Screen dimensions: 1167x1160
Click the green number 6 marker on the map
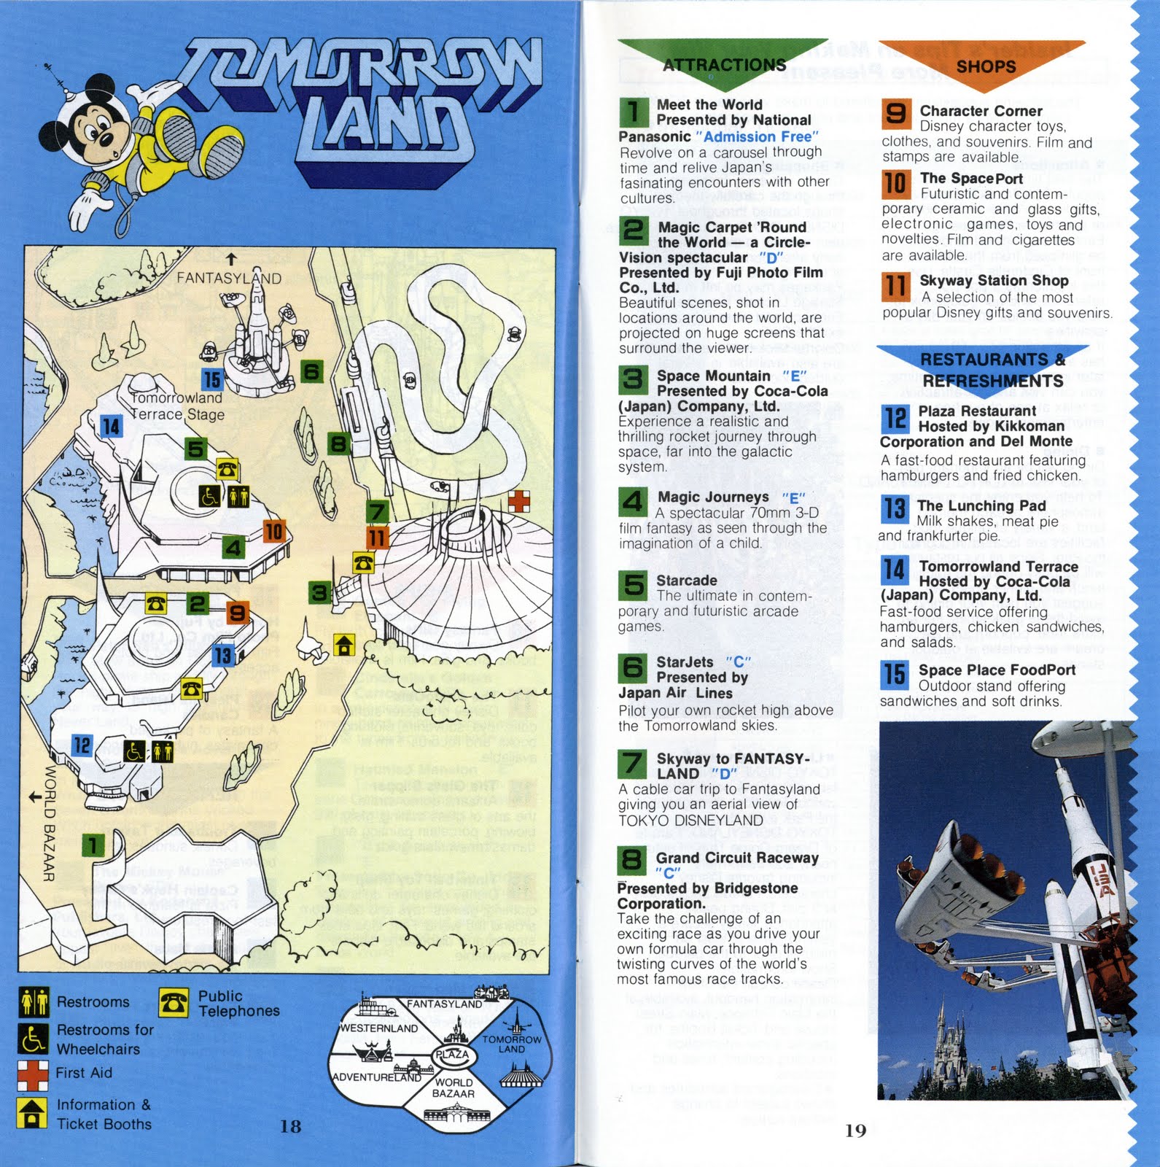pyautogui.click(x=311, y=372)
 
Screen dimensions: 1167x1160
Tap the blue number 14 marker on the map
pyautogui.click(x=110, y=426)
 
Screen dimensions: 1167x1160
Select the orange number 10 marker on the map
pyautogui.click(x=273, y=531)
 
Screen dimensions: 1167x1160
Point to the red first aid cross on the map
pyautogui.click(x=519, y=501)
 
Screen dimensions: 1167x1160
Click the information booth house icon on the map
pyautogui.click(x=344, y=645)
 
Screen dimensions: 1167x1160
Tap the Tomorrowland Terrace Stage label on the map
pyautogui.click(x=177, y=406)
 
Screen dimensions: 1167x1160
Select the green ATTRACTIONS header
pyautogui.click(x=723, y=64)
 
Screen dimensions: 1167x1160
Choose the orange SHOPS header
pyautogui.click(x=985, y=66)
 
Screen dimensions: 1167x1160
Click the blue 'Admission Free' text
pyautogui.click(x=757, y=136)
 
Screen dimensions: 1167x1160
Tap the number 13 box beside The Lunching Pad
pyautogui.click(x=895, y=508)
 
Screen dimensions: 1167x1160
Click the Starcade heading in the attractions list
pyautogui.click(x=686, y=581)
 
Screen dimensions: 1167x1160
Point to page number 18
pyautogui.click(x=290, y=1126)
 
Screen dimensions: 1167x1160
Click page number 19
pyautogui.click(x=855, y=1131)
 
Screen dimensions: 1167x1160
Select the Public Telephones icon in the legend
pyautogui.click(x=173, y=1003)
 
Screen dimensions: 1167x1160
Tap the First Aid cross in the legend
pyautogui.click(x=33, y=1074)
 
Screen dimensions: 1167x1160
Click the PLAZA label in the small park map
pyautogui.click(x=452, y=1054)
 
